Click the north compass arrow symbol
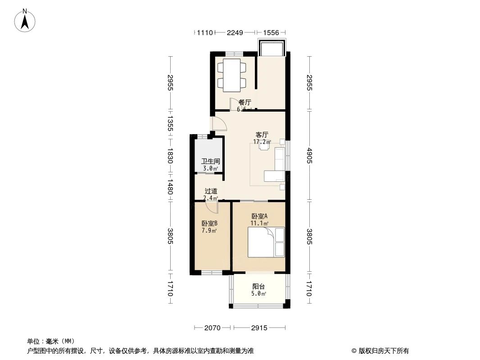tap(25, 20)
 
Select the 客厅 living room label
tap(262, 135)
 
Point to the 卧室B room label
tap(210, 224)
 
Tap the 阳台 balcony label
tap(258, 287)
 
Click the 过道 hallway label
tap(211, 191)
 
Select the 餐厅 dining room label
tap(245, 102)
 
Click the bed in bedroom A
tap(266, 243)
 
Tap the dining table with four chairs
tap(232, 75)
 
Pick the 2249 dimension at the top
tap(235, 32)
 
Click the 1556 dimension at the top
tap(271, 32)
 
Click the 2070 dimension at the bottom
tap(212, 328)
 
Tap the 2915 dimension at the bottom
tap(259, 328)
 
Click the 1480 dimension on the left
tap(170, 187)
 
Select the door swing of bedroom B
tap(212, 207)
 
